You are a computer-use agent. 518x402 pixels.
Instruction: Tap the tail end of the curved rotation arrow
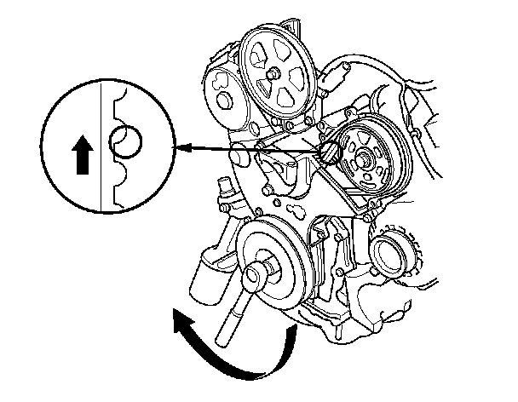pyautogui.click(x=294, y=336)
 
